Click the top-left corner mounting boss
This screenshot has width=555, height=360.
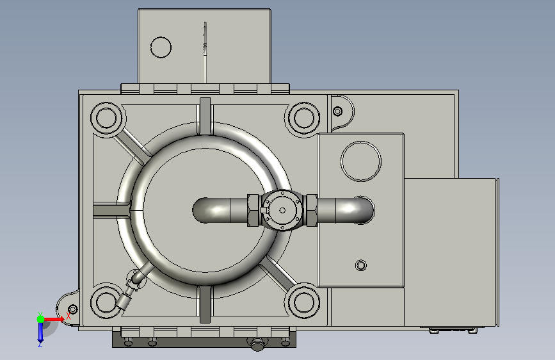tap(106, 118)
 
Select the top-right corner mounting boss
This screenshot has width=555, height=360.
tap(303, 118)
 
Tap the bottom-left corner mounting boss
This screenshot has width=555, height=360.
tap(106, 302)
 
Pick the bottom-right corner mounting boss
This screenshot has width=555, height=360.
tap(303, 302)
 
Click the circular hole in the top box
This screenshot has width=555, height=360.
tap(161, 47)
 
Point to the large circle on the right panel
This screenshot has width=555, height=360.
tap(360, 161)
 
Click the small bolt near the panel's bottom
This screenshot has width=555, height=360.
tap(360, 265)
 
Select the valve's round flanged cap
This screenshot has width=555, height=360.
tap(282, 210)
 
